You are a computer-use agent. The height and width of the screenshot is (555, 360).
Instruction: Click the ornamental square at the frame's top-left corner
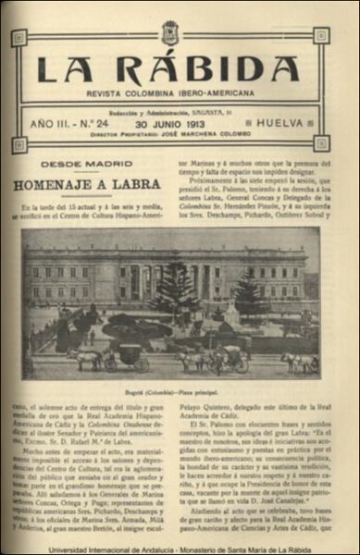coord(19,37)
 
